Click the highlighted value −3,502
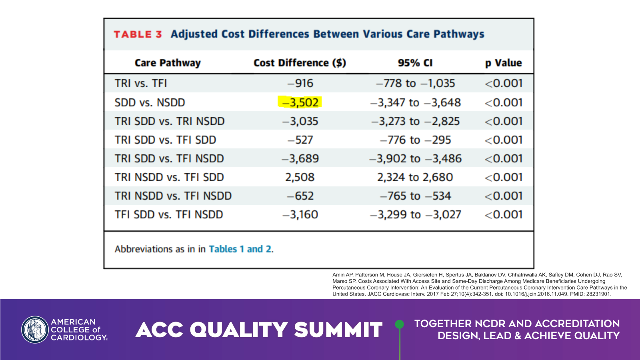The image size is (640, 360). (300, 102)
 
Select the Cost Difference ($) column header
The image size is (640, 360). (300, 63)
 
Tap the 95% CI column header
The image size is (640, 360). (415, 63)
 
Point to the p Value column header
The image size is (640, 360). (503, 63)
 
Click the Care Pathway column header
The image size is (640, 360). (168, 63)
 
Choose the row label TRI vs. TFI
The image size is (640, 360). (141, 83)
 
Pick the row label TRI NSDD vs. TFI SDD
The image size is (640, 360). (169, 177)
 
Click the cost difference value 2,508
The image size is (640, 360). (300, 177)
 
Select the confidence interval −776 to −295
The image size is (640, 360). (415, 140)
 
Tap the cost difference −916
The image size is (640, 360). (300, 83)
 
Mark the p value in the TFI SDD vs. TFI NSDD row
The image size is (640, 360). (504, 215)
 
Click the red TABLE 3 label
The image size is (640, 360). (138, 34)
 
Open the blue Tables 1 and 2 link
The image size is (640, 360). (240, 249)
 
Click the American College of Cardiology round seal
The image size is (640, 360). (35, 330)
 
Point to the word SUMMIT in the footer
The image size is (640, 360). (338, 330)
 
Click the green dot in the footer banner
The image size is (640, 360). (399, 324)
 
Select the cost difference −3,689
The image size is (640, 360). (300, 159)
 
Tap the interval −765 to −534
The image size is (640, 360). (415, 196)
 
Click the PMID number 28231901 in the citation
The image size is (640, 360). (598, 294)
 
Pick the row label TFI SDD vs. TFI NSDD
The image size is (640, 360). (169, 215)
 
